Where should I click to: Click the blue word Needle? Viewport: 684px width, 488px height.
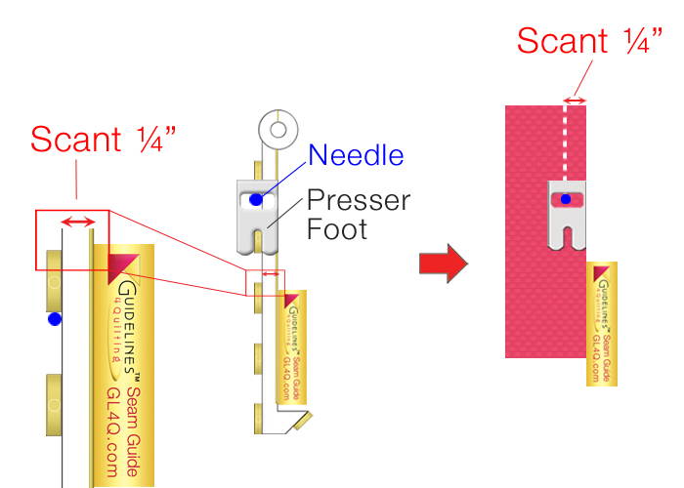[356, 154]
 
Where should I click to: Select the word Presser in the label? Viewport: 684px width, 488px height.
[359, 201]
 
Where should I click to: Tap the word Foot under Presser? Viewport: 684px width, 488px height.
[335, 231]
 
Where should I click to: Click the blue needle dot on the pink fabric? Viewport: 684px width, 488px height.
[565, 199]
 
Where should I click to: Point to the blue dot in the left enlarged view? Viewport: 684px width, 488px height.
[55, 318]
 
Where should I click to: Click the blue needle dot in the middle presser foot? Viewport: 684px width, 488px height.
[255, 199]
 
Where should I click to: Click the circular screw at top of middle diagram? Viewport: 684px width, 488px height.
[278, 128]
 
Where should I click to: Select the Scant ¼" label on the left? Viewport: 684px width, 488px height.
[103, 139]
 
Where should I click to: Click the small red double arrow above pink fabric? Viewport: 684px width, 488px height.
[576, 100]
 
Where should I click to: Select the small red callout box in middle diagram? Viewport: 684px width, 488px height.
[265, 282]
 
